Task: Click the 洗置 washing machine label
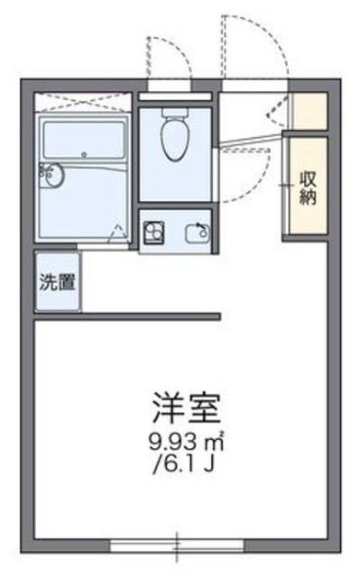[56, 280]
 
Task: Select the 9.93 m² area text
[188, 443]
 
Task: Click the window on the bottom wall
[178, 545]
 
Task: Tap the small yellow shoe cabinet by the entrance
[308, 109]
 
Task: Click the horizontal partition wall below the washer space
[126, 316]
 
